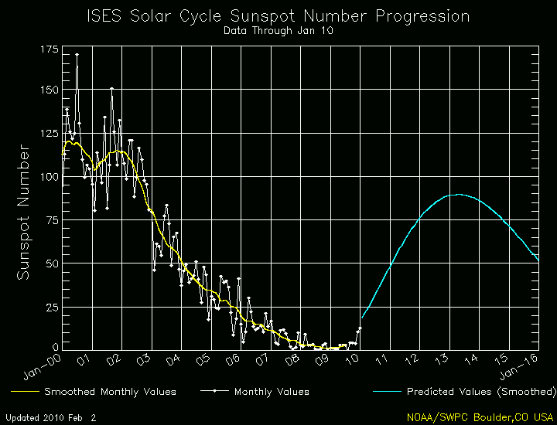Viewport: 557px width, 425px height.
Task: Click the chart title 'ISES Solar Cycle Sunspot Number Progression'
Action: point(278,15)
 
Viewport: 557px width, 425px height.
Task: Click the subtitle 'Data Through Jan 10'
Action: point(278,32)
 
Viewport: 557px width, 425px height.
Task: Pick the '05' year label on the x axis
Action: point(204,360)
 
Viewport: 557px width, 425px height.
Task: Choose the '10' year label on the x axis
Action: point(353,360)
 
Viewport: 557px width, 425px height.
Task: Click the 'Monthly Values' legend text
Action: point(272,392)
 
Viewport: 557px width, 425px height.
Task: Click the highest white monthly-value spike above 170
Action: point(76,55)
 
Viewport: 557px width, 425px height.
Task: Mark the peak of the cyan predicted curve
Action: point(458,195)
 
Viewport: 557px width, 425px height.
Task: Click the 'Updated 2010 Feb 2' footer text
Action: point(53,417)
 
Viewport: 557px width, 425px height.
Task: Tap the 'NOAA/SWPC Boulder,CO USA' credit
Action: point(480,416)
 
